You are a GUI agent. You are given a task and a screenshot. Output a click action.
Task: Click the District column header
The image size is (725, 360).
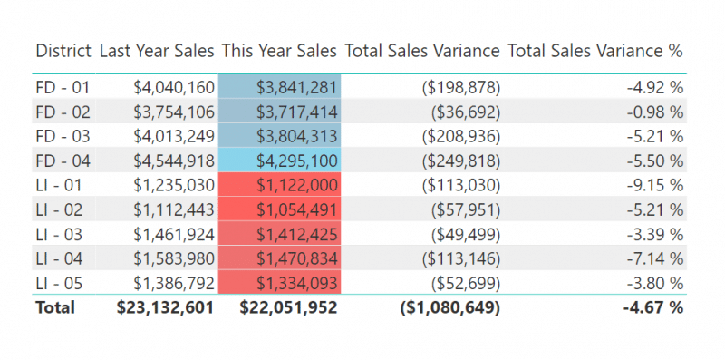coord(63,52)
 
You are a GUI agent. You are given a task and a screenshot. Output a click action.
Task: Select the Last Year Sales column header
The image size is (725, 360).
coord(157,52)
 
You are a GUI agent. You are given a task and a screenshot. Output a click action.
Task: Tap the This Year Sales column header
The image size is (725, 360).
coord(279,52)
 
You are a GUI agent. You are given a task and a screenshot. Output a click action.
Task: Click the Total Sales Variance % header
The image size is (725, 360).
coord(595,52)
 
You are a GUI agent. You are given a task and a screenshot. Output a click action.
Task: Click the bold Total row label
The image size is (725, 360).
coord(55,307)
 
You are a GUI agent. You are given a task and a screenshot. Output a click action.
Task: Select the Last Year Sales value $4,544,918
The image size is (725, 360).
coord(173,161)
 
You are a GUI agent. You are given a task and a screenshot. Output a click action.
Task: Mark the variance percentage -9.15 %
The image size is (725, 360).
coord(652,185)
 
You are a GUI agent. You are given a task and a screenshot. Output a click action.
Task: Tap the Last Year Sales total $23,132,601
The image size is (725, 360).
coord(165,307)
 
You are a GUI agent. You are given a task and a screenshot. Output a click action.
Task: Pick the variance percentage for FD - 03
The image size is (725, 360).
coord(652,136)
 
